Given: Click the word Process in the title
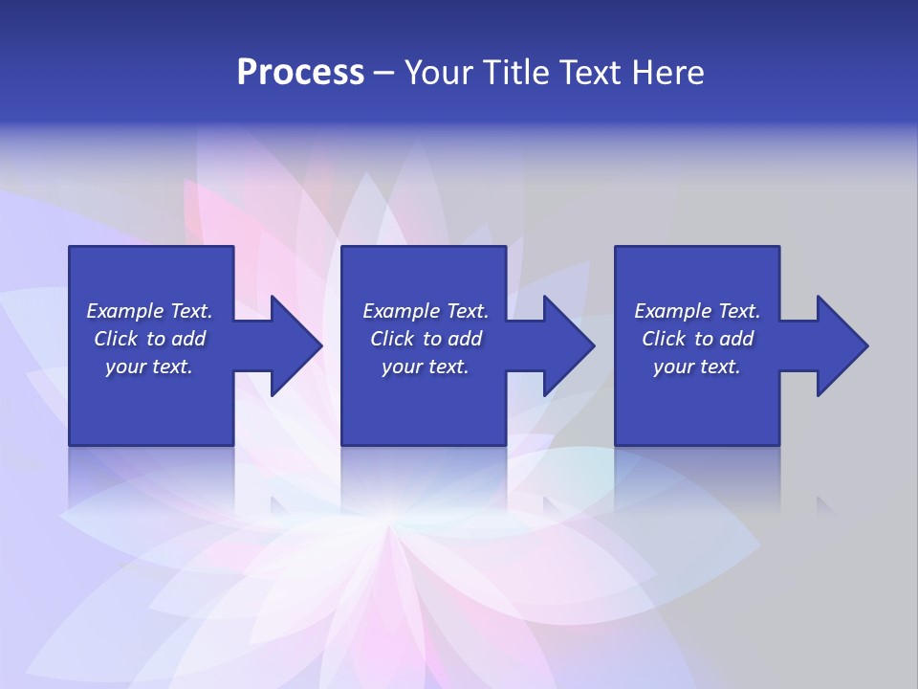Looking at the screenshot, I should pos(300,72).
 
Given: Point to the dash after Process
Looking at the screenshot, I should pos(384,73).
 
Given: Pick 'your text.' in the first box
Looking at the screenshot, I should pos(149,367).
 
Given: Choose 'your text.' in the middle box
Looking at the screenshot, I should pos(426,367).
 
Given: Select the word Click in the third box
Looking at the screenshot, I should pos(665,339).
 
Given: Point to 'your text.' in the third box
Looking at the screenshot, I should pos(697,367).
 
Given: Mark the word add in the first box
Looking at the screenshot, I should pos(188,339).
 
